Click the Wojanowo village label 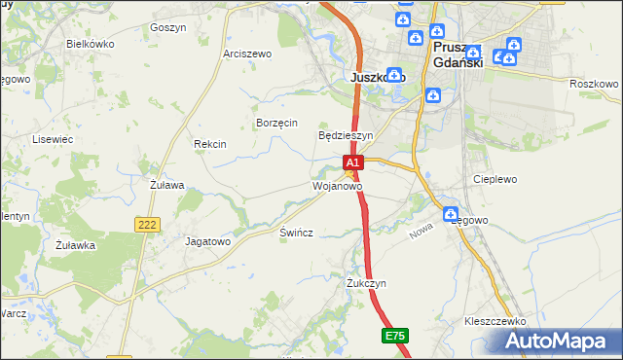pos(338,185)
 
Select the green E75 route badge pos(394,336)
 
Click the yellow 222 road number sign pos(147,225)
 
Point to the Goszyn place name pos(168,28)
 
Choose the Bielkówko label pos(91,45)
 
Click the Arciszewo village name pos(247,54)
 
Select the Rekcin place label pos(210,144)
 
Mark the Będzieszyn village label pos(347,135)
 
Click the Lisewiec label pos(54,140)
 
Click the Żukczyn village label pos(367,283)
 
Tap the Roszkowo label pos(594,85)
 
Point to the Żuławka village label pos(75,245)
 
